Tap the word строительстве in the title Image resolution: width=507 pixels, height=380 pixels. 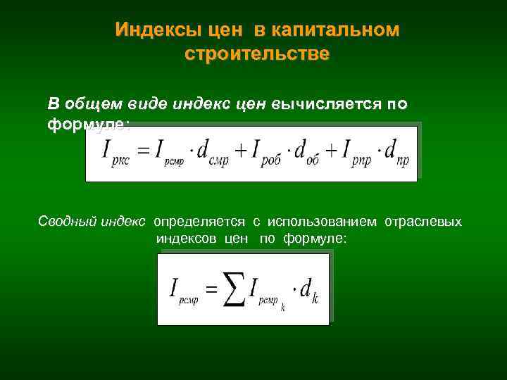point(256,53)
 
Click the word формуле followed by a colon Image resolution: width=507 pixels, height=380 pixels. point(88,123)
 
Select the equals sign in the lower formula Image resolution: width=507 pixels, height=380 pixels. point(210,289)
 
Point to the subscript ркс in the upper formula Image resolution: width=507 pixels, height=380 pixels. point(120,161)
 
